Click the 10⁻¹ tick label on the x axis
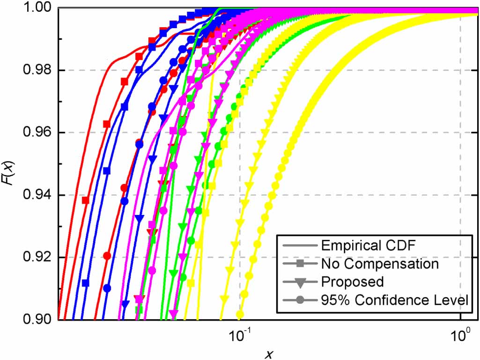tap(240, 335)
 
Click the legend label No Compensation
tap(380, 264)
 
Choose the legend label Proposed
tap(352, 282)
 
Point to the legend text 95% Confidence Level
tap(394, 300)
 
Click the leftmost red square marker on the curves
tap(86, 200)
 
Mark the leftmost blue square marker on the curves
tap(85, 283)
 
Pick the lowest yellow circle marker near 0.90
tap(240, 314)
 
